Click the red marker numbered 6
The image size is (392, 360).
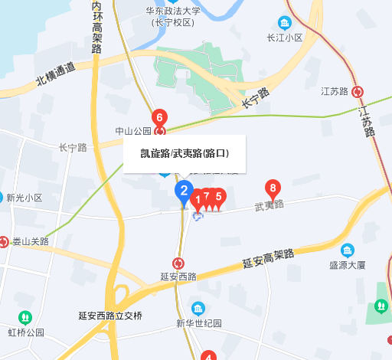pyautogui.click(x=158, y=119)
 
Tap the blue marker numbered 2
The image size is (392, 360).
pyautogui.click(x=183, y=191)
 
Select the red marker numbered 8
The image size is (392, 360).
pyautogui.click(x=272, y=188)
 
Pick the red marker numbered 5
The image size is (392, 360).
pyautogui.click(x=219, y=197)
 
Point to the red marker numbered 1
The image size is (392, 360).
pyautogui.click(x=197, y=201)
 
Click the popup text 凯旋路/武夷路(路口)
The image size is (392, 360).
pyautogui.click(x=184, y=153)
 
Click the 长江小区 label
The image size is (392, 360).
pyautogui.click(x=285, y=37)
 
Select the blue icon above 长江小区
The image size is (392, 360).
pyautogui.click(x=285, y=22)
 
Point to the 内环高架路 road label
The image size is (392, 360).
pyautogui.click(x=96, y=27)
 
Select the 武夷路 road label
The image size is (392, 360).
pyautogui.click(x=269, y=205)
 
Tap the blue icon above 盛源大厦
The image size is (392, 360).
pyautogui.click(x=348, y=250)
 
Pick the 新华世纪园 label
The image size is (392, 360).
pyautogui.click(x=198, y=323)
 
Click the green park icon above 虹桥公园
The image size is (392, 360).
pyautogui.click(x=24, y=317)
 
